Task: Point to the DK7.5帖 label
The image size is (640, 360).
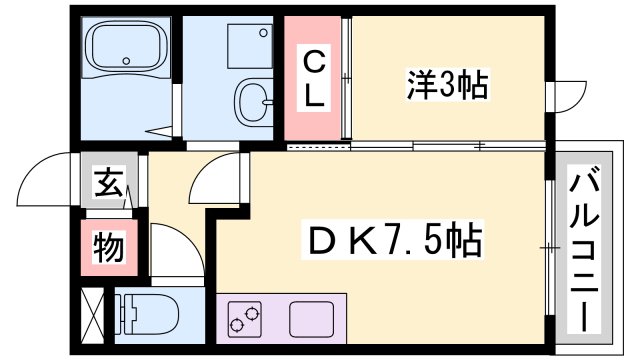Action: pyautogui.click(x=394, y=241)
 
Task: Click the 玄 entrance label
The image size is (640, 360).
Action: pyautogui.click(x=105, y=185)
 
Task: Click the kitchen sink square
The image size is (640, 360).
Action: pyautogui.click(x=309, y=319)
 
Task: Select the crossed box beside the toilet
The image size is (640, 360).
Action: pyautogui.click(x=92, y=315)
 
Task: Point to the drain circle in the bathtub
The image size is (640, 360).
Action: pyautogui.click(x=126, y=61)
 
